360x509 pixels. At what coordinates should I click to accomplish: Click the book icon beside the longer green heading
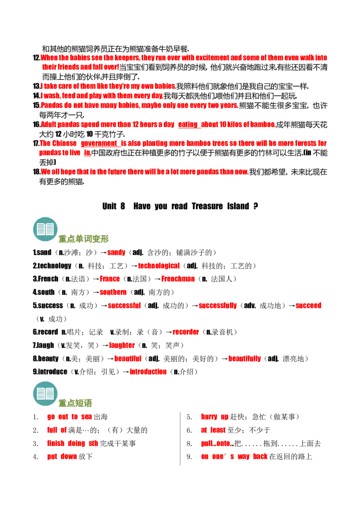[45, 229]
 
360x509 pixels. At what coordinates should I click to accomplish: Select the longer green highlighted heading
[85, 239]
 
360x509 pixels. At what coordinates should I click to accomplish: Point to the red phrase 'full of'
[57, 430]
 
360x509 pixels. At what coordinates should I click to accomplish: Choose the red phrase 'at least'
[213, 430]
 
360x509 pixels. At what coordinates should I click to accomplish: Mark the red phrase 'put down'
[63, 456]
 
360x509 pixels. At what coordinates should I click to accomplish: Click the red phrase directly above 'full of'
[70, 417]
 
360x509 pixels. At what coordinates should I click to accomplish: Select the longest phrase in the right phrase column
[234, 456]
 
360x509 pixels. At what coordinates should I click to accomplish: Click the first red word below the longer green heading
[116, 253]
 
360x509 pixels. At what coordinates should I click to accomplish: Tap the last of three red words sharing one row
[309, 306]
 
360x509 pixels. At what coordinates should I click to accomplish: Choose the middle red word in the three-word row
[218, 306]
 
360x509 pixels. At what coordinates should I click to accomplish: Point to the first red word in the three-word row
[125, 306]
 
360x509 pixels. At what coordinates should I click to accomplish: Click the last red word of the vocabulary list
[149, 372]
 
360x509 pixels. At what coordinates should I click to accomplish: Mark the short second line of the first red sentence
[80, 67]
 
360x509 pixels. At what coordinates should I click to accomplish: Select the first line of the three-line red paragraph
[108, 86]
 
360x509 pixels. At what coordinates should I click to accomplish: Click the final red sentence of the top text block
[144, 172]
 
